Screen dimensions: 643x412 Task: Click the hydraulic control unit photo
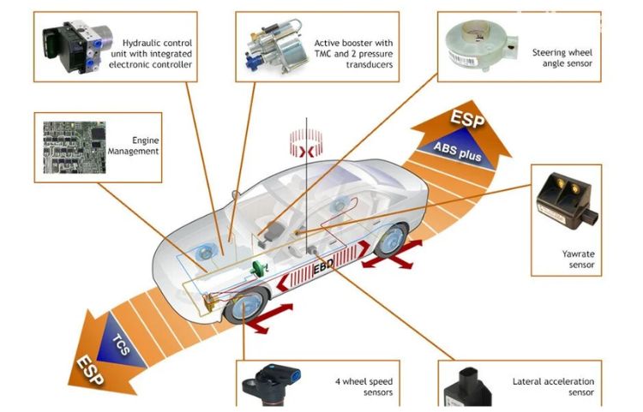(77, 47)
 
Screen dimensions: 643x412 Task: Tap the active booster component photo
(277, 47)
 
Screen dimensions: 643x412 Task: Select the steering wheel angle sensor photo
(482, 46)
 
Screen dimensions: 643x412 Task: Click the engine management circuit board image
(75, 147)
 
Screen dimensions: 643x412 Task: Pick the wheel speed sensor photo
(271, 385)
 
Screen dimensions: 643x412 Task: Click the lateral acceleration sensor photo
(468, 388)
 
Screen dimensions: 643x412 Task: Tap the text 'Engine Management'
(133, 146)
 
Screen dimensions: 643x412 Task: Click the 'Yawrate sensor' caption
(578, 260)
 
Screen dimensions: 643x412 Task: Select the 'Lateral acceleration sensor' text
(553, 387)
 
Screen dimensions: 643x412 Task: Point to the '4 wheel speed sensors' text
(364, 387)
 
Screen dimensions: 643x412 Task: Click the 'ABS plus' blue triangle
(459, 150)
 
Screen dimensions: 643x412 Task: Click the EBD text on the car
(323, 268)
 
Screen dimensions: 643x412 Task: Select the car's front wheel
(246, 305)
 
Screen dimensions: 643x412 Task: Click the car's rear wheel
(391, 240)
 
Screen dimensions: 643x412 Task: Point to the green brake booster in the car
(260, 269)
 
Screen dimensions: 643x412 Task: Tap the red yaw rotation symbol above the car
(306, 143)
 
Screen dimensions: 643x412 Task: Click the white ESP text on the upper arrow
(467, 118)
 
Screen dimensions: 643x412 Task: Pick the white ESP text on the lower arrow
(90, 371)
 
